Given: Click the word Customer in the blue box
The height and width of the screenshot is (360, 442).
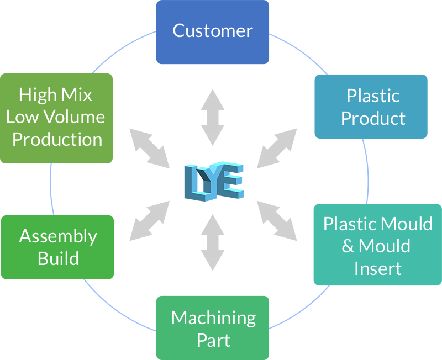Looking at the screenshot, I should [x=213, y=31].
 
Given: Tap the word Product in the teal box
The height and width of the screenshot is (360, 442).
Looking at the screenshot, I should [x=373, y=118].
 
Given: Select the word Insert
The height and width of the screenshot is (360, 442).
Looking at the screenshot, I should [x=378, y=268].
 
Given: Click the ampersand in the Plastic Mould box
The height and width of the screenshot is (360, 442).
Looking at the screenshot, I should [x=348, y=246].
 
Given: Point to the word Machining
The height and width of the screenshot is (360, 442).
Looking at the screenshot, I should [x=213, y=318].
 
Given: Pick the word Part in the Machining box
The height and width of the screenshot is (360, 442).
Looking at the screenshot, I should [x=213, y=340].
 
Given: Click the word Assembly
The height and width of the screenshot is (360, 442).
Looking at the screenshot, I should [x=58, y=236].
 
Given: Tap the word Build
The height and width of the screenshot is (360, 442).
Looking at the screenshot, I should [x=58, y=258].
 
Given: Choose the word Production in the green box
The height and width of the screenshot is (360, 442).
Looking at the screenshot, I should [x=57, y=139].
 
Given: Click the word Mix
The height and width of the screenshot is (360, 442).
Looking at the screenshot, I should [x=78, y=95].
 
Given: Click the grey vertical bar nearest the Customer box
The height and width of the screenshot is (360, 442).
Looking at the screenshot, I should [x=213, y=117].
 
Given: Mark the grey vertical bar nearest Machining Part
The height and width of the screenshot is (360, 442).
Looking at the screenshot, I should [x=213, y=242].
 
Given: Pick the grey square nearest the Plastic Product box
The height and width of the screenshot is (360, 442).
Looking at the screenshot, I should [x=276, y=148].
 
